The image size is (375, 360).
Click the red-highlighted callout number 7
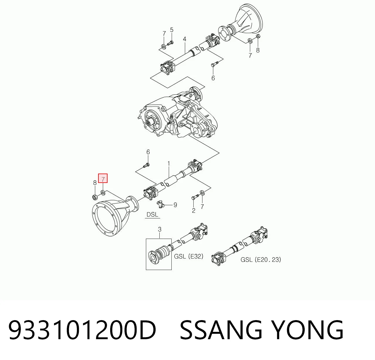(x=103, y=178)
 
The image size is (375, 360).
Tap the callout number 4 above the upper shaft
(x=185, y=39)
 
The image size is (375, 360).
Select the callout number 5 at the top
(x=172, y=30)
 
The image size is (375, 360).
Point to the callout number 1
(x=169, y=164)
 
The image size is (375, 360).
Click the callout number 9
(x=175, y=205)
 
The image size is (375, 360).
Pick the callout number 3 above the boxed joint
(x=160, y=230)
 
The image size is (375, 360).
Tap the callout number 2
(x=193, y=210)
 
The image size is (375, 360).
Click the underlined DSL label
(x=152, y=215)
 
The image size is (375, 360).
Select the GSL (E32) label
(x=189, y=256)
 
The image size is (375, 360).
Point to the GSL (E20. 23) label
(x=261, y=259)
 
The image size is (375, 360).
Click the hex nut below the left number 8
(x=94, y=197)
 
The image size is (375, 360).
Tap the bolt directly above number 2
(x=195, y=197)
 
